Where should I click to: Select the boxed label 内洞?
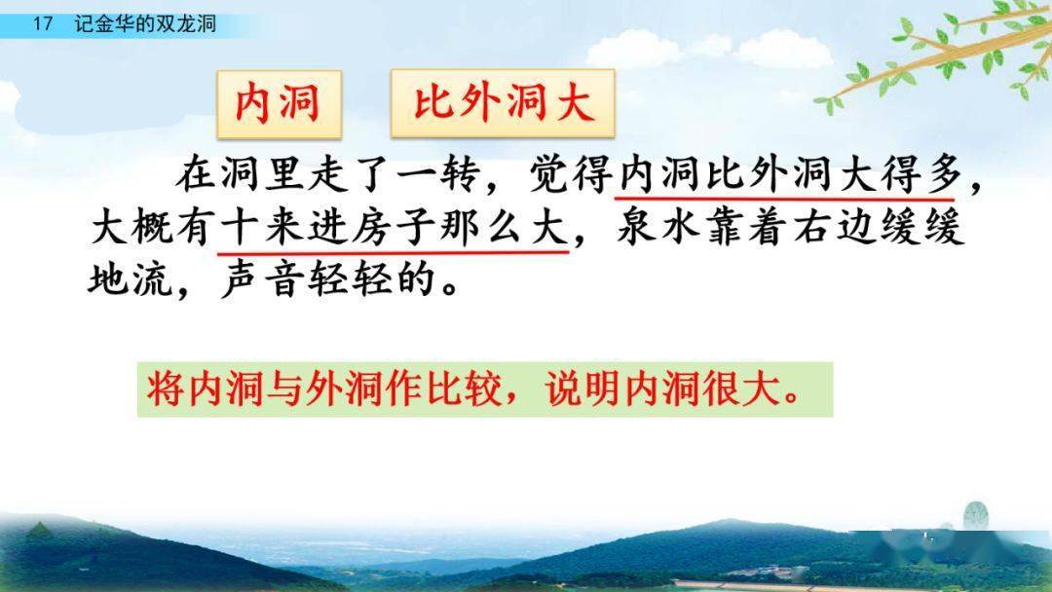coord(278,102)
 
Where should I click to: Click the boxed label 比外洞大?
coord(503,102)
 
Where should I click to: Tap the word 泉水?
coord(660,230)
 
